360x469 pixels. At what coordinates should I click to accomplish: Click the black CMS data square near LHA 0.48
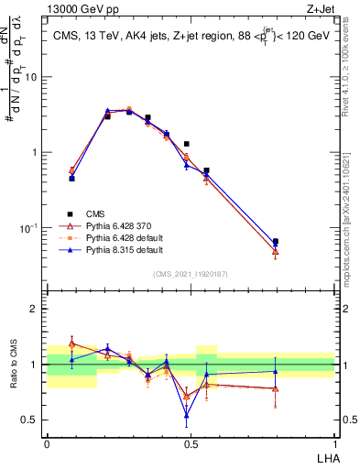(x=186, y=144)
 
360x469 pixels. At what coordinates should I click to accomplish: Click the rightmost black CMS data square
(x=276, y=242)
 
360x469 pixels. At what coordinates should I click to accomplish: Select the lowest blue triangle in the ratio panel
(x=186, y=415)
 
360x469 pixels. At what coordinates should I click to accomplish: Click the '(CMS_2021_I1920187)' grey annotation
(x=190, y=273)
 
